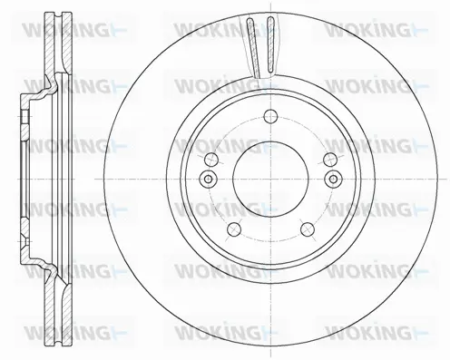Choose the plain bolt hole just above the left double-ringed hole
click(211, 159)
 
